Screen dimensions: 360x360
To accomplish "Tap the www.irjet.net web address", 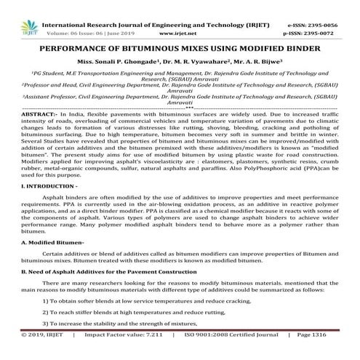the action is [169, 15].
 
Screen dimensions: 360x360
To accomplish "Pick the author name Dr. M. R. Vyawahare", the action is [191, 46].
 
